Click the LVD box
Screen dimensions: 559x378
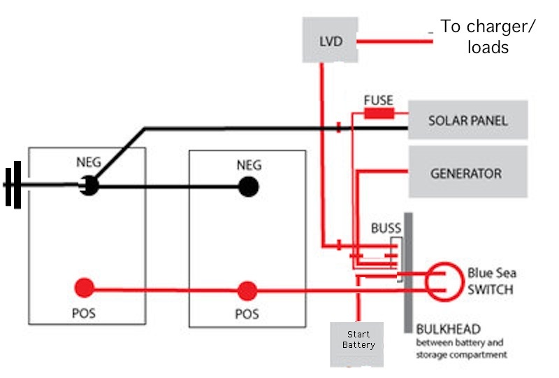(330, 40)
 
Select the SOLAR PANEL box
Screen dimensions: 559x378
(467, 120)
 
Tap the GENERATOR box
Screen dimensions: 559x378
(467, 171)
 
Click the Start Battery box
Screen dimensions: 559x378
(356, 344)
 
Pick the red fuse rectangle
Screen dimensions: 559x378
(379, 113)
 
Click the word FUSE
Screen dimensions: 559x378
(378, 100)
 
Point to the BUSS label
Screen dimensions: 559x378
(386, 228)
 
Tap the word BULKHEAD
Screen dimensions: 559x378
(448, 329)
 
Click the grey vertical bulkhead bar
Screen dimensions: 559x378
(408, 273)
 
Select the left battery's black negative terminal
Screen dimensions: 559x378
(89, 185)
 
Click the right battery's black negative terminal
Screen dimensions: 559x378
(248, 187)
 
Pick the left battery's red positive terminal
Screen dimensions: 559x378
(84, 288)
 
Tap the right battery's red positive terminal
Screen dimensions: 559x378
(247, 291)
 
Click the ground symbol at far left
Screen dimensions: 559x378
(13, 185)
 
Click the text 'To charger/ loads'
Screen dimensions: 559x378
(488, 36)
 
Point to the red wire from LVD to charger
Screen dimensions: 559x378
(395, 41)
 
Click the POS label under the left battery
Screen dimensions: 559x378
(84, 314)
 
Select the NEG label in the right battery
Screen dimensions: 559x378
(249, 165)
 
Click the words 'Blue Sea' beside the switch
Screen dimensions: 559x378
(492, 273)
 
